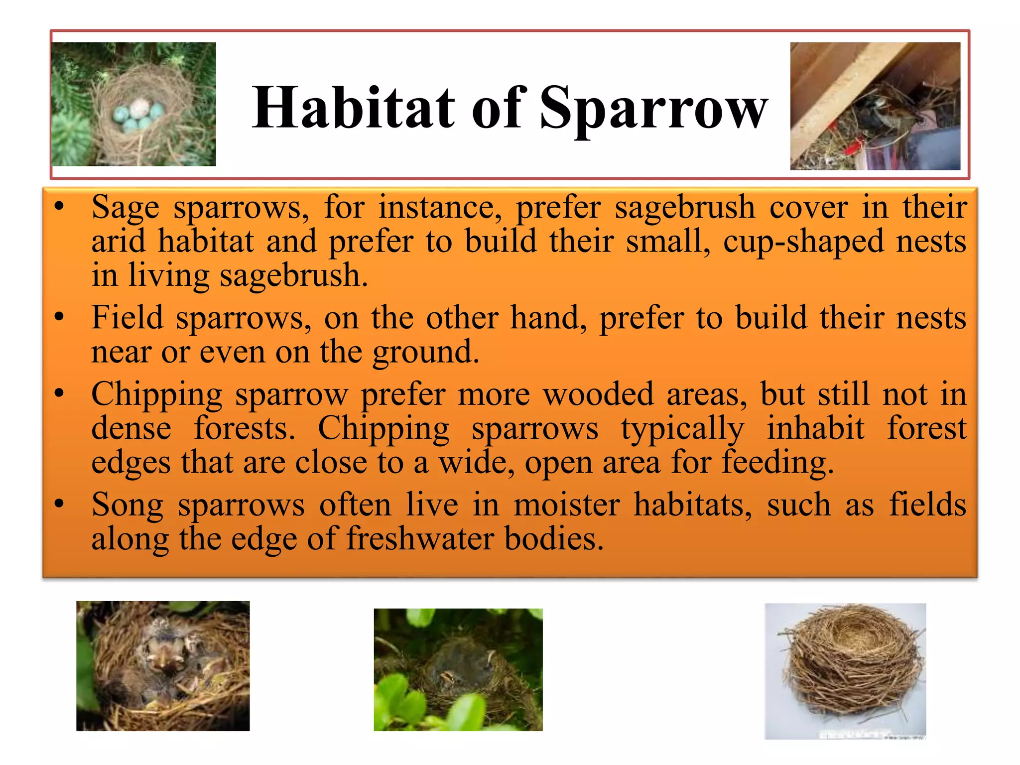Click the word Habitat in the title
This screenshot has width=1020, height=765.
click(353, 108)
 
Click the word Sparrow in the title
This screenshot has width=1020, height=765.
click(653, 108)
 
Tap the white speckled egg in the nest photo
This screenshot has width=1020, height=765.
click(139, 108)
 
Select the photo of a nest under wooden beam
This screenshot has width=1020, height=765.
click(875, 106)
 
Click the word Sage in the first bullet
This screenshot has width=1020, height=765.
click(126, 207)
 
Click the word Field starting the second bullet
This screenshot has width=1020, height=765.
click(127, 318)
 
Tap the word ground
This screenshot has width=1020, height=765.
click(425, 352)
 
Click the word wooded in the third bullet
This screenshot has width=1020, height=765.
click(598, 394)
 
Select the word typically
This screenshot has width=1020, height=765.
click(682, 429)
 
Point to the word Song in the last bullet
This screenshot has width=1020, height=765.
click(127, 505)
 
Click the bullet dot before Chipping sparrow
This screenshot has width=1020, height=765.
click(59, 394)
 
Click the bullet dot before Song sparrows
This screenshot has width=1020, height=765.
click(59, 504)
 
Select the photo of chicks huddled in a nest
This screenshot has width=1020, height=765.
click(163, 666)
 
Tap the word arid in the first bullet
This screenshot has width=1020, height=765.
click(118, 242)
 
